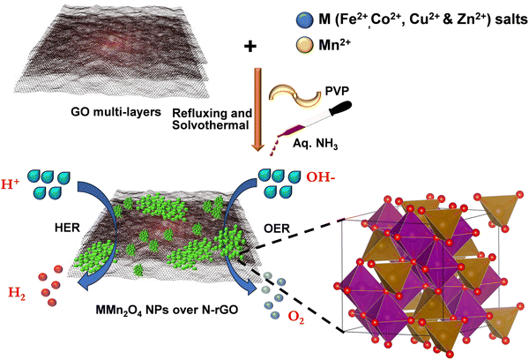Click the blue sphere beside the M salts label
(x=305, y=20)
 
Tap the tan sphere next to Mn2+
(x=305, y=46)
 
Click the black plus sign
(x=250, y=46)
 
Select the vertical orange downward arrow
(x=258, y=109)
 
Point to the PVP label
(x=337, y=91)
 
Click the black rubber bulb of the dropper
(x=340, y=109)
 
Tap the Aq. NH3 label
(x=315, y=144)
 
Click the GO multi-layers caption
(x=115, y=112)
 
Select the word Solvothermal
(x=211, y=125)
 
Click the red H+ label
(x=11, y=184)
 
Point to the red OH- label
(x=321, y=177)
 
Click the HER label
(x=67, y=228)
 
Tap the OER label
(x=277, y=229)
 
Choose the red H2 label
(x=17, y=293)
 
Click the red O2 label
(x=296, y=318)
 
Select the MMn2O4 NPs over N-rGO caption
(x=167, y=310)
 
